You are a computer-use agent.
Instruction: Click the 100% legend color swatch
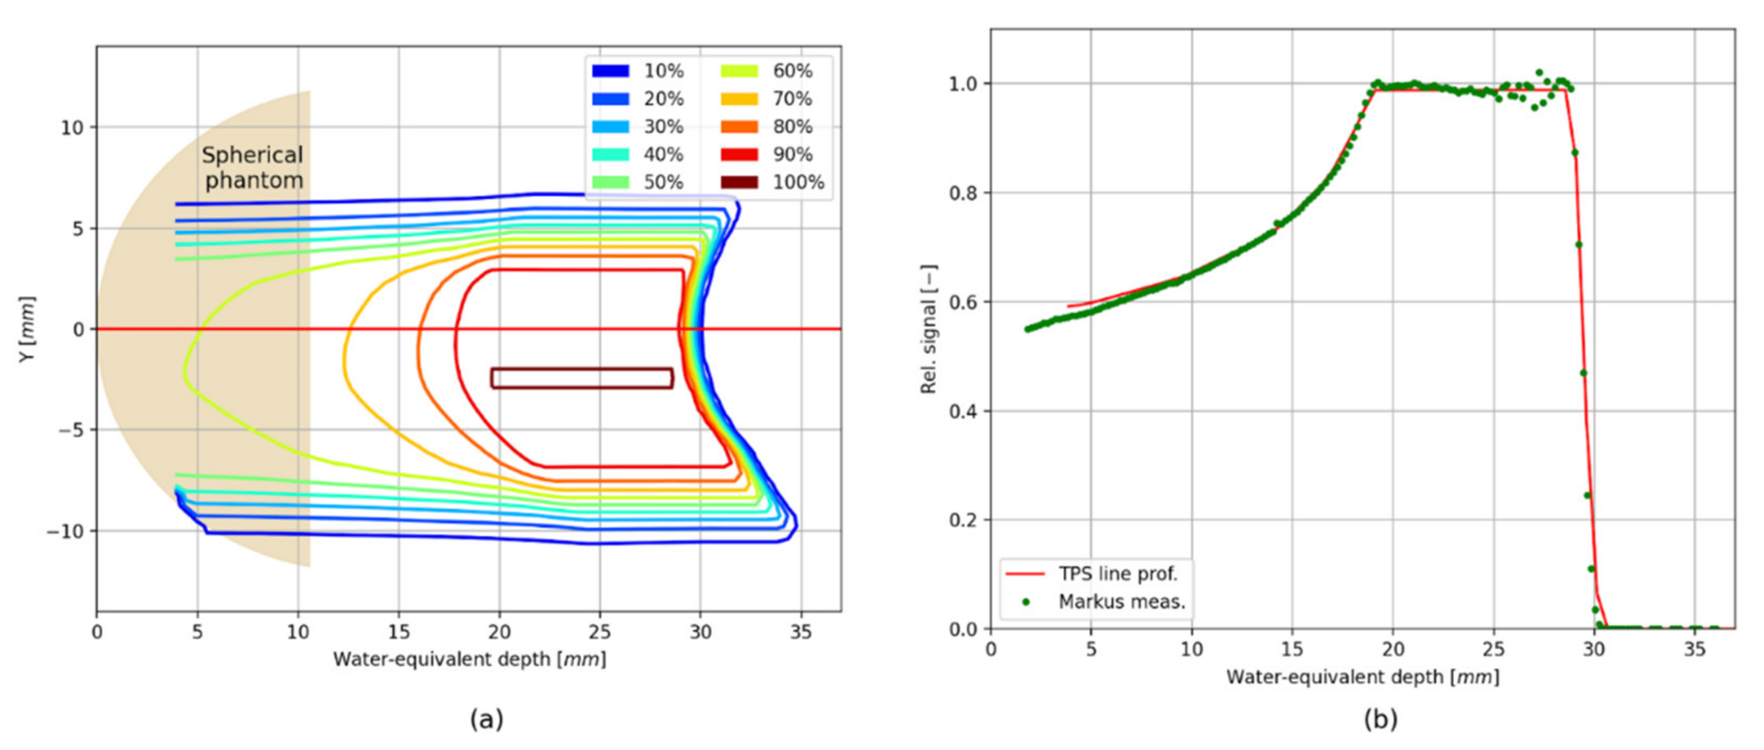[x=739, y=182]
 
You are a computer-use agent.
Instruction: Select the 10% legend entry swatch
[x=610, y=70]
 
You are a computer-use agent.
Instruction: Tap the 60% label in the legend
[x=792, y=70]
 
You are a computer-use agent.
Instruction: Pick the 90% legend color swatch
[x=739, y=154]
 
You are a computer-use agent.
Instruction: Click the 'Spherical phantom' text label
[x=252, y=168]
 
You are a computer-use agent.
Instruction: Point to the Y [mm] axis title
[x=26, y=329]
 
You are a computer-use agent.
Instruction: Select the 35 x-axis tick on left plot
[x=800, y=631]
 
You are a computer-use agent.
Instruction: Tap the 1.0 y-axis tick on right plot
[x=962, y=84]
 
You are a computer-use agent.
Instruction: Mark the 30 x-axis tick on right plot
[x=1594, y=648]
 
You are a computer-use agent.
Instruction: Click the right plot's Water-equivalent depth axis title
[x=1363, y=677]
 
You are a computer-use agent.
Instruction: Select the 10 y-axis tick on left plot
[x=72, y=128]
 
